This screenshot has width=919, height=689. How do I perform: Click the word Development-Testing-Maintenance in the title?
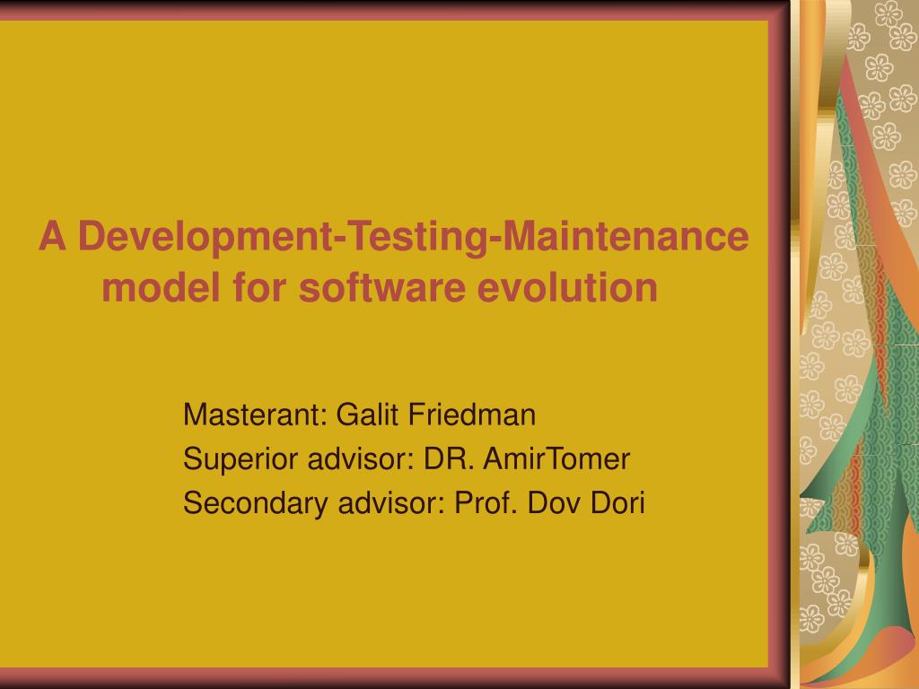[x=413, y=238]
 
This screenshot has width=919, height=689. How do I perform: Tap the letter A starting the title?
[x=53, y=237]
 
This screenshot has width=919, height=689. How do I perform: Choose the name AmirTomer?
[x=556, y=459]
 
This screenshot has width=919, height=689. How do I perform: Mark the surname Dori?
[x=617, y=504]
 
